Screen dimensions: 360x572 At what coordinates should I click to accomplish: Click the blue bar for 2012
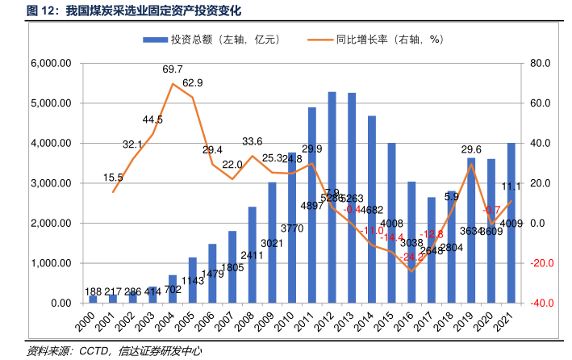pos(332,198)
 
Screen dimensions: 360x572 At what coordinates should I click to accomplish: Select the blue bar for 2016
pos(411,242)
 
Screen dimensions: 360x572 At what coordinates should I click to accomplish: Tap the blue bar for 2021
pos(511,223)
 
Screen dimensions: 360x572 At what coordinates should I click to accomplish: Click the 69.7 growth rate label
pos(173,69)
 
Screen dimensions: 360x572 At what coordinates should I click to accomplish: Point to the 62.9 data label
pos(193,83)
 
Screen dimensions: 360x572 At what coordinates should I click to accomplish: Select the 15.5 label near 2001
pos(114,178)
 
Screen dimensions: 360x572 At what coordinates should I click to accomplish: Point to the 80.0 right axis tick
pos(537,64)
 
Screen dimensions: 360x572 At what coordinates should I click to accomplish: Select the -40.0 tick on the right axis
pos(537,303)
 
